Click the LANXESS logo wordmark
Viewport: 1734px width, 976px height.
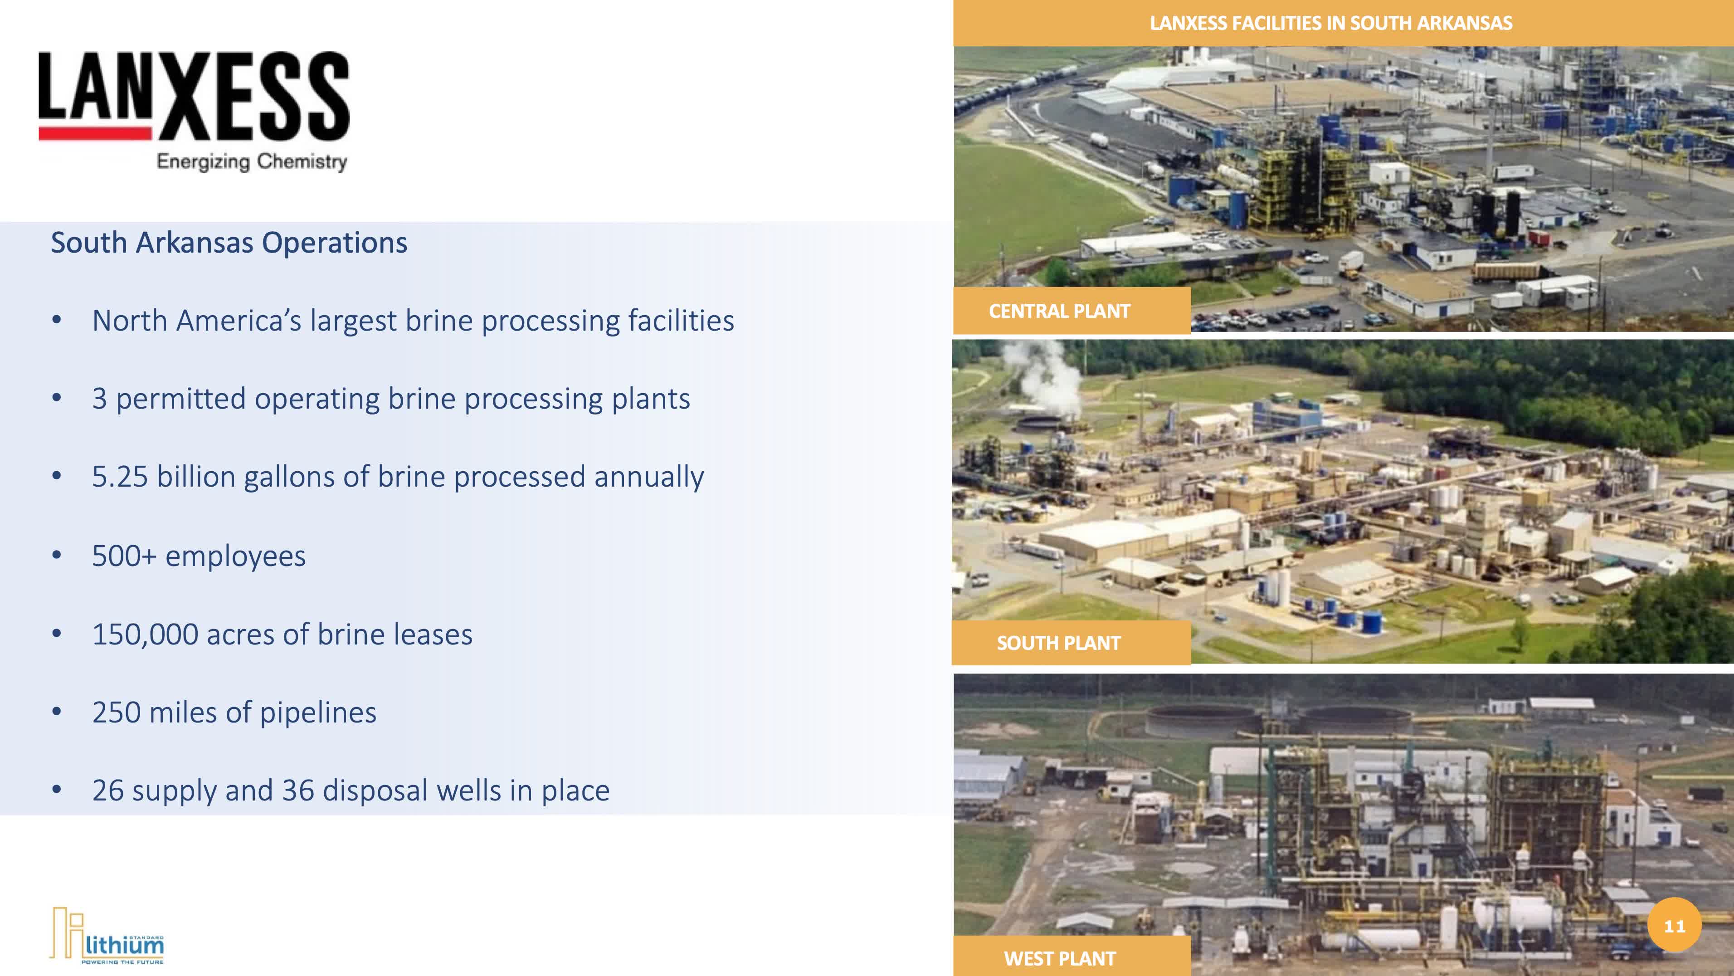(194, 96)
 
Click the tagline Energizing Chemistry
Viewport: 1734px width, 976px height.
(252, 161)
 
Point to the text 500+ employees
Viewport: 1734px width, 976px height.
(199, 556)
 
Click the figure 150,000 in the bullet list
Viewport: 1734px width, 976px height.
(145, 634)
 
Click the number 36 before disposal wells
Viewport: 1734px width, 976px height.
(298, 790)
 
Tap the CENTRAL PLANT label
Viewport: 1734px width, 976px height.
(1059, 311)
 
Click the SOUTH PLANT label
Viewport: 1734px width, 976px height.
(1058, 643)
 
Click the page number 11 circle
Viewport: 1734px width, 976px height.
(1674, 926)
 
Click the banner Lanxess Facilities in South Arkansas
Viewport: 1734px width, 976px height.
(1331, 23)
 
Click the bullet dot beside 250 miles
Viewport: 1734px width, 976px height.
(57, 712)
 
